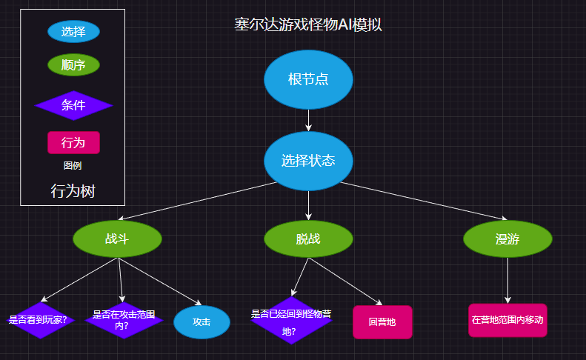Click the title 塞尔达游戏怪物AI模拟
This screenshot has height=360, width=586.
click(308, 24)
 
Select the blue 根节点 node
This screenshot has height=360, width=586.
click(308, 79)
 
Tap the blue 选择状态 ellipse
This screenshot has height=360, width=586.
click(308, 161)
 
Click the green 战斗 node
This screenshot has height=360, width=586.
click(117, 239)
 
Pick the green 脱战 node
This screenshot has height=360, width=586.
click(308, 239)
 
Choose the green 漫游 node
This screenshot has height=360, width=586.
click(507, 239)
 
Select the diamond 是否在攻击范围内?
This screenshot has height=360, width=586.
click(124, 320)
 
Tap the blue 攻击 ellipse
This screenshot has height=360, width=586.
click(202, 322)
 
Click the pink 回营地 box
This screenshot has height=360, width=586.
click(382, 322)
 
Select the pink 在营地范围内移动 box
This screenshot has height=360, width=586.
click(507, 320)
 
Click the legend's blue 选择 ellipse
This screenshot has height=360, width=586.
click(73, 32)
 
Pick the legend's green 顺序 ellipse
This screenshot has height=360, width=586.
click(73, 65)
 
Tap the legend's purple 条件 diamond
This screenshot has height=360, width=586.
click(73, 105)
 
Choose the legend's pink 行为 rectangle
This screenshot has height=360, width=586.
click(73, 142)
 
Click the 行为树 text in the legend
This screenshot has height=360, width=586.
click(73, 191)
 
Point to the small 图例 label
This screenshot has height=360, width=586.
click(73, 165)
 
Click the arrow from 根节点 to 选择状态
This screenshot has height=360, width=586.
click(308, 120)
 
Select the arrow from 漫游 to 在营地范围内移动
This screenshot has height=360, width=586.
click(507, 280)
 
